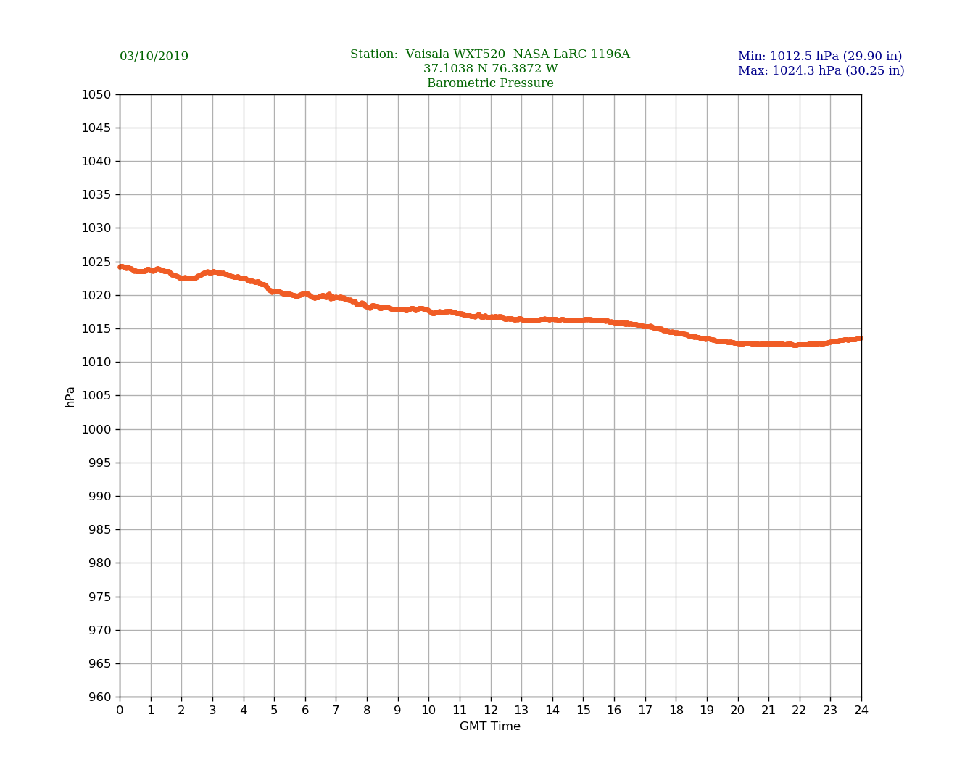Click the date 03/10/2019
tap(154, 57)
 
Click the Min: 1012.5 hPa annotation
tap(820, 57)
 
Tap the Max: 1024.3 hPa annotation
tap(821, 71)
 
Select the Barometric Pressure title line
tap(490, 83)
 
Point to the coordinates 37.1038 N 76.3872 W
tap(490, 69)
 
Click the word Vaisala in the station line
tap(428, 54)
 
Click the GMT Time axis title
tap(490, 726)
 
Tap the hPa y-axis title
tap(70, 397)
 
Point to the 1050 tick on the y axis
tap(96, 95)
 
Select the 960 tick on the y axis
tap(100, 697)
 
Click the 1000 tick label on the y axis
tap(96, 429)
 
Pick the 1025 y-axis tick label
tap(96, 262)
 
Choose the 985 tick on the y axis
tap(100, 530)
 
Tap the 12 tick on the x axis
tap(491, 710)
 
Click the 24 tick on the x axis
tap(861, 710)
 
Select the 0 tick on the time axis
tap(120, 710)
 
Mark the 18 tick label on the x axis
tap(676, 710)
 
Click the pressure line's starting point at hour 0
tap(120, 267)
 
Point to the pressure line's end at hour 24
tap(861, 339)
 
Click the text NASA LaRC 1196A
tap(571, 54)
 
